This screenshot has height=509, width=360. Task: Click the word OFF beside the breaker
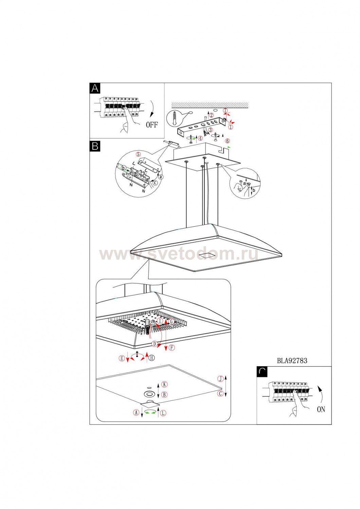coord(152,125)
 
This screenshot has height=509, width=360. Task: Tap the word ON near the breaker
coord(321,410)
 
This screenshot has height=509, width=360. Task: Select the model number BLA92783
coord(292,361)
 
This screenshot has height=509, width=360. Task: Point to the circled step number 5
coord(138,154)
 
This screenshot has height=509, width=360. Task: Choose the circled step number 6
coord(227,140)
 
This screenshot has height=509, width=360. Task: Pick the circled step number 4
coord(201,138)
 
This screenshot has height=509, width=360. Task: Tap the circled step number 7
coord(225,111)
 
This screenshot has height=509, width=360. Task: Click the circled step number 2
coord(211,115)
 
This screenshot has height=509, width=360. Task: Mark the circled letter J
coord(220,378)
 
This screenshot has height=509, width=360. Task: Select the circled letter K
coord(164,384)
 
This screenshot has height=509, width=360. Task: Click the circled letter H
coord(151,358)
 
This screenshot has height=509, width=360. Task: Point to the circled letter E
coord(122,358)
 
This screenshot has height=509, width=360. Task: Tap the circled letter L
coord(163,413)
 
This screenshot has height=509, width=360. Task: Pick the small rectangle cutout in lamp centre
coord(206,254)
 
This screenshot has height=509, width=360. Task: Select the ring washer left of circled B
coord(149,394)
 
